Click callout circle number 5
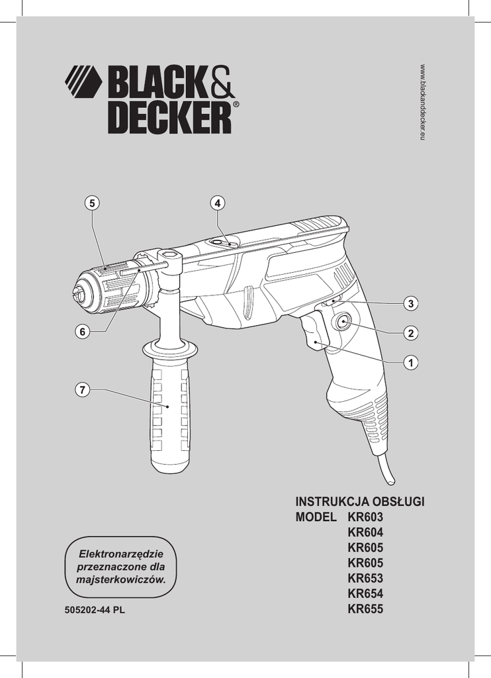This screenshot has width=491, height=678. click(x=93, y=203)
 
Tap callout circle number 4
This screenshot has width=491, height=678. click(x=217, y=203)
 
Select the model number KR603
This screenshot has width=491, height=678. click(x=365, y=517)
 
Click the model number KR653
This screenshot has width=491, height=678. click(x=365, y=578)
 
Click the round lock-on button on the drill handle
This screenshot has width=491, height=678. click(x=343, y=322)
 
